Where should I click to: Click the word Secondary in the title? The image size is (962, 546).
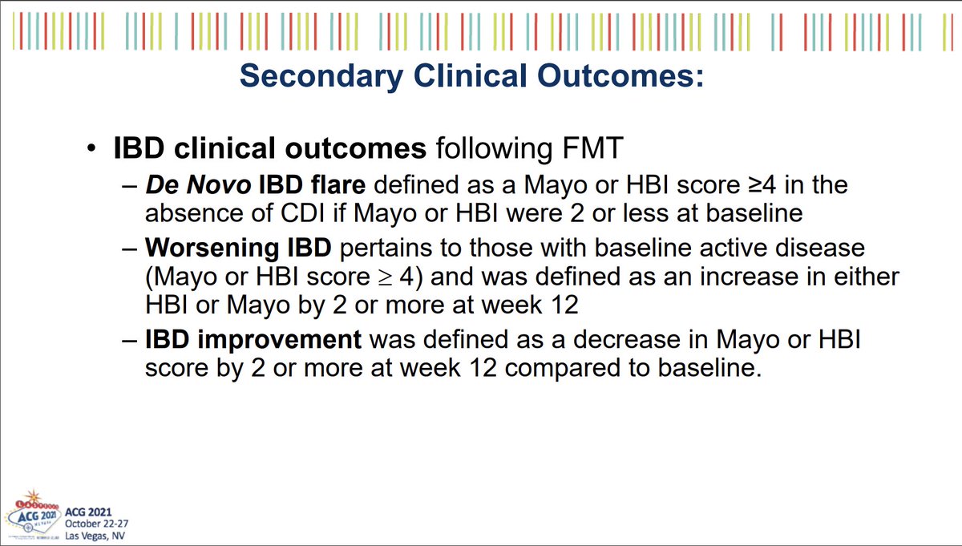tap(321, 77)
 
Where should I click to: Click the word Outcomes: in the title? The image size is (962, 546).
tap(620, 76)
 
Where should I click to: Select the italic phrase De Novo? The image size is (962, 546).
tap(198, 185)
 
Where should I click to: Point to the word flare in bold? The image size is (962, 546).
tap(338, 184)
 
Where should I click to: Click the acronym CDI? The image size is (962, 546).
tap(302, 213)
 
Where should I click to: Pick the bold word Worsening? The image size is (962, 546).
tap(212, 249)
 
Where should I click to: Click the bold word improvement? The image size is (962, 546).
tap(279, 340)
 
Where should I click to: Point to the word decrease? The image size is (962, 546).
tap(627, 340)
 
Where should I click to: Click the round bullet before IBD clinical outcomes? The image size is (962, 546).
tap(91, 148)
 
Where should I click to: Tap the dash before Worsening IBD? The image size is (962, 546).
tap(129, 249)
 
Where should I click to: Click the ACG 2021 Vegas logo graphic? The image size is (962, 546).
tap(33, 515)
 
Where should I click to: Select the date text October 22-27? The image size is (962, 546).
tap(97, 524)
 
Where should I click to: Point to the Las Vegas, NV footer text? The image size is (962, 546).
tap(95, 536)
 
